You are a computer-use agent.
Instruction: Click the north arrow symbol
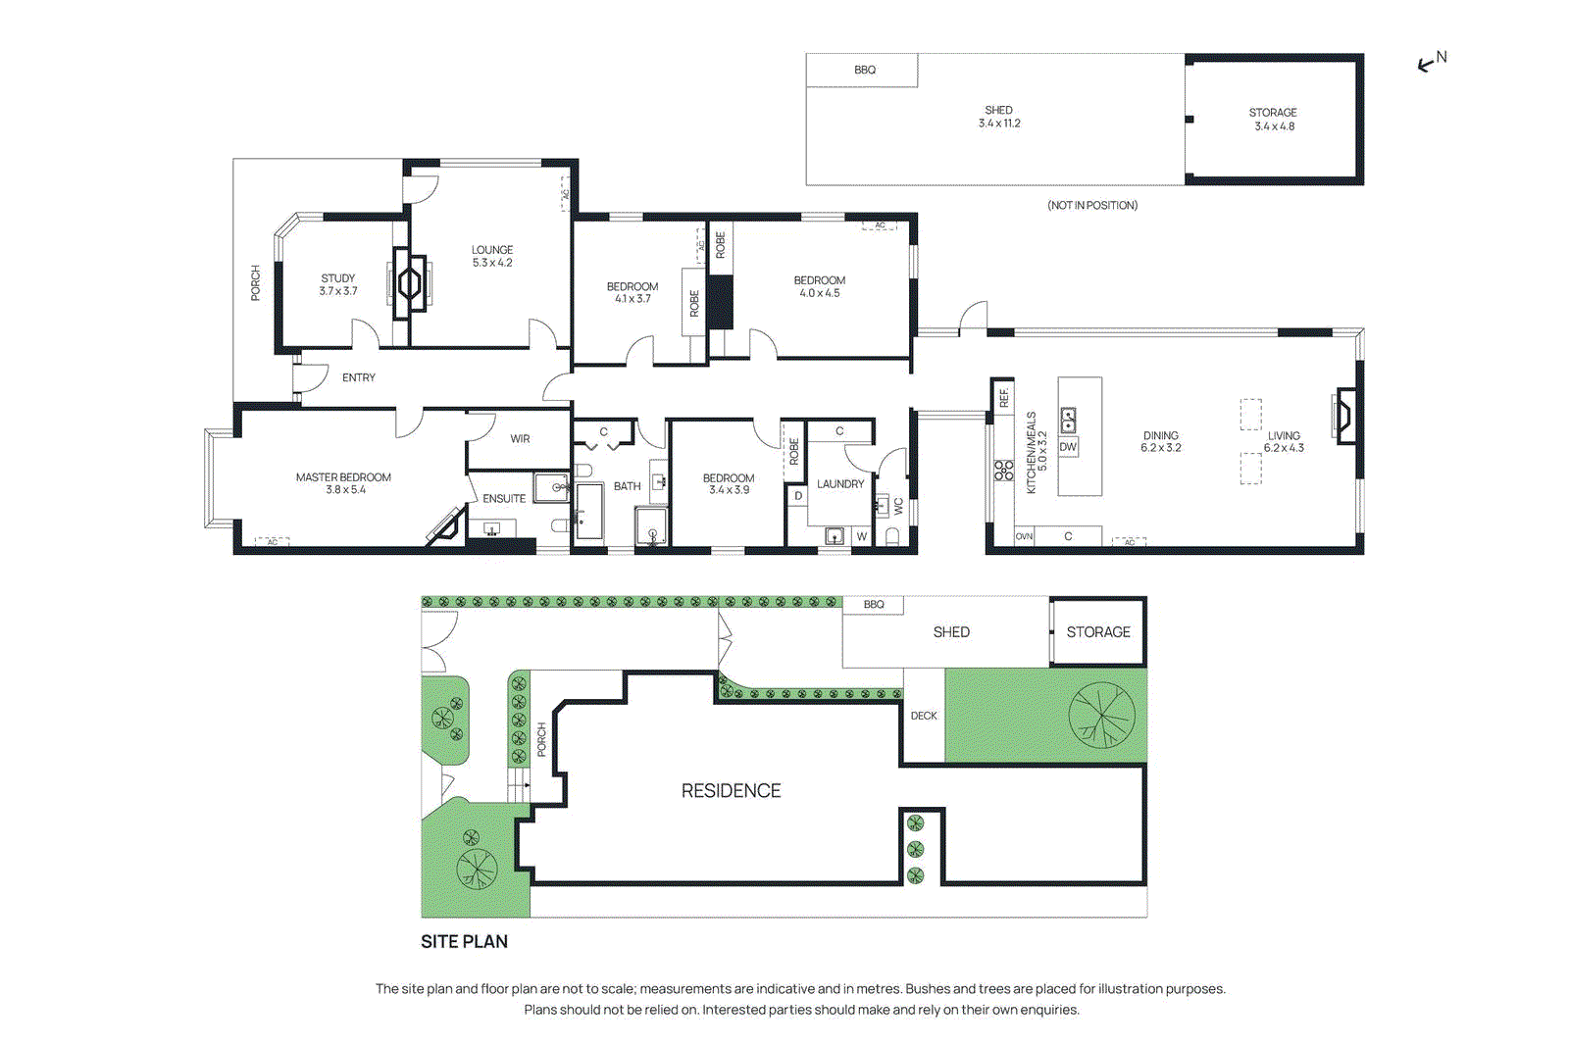tap(1431, 63)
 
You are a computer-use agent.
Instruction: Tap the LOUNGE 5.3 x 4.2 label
tap(492, 256)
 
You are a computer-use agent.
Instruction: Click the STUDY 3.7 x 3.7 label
tap(338, 284)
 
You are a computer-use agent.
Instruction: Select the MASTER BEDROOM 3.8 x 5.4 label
tap(344, 483)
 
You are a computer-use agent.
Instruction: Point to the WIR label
tap(520, 439)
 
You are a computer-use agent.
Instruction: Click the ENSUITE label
tap(504, 499)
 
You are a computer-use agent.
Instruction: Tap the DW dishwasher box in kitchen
tap(1068, 447)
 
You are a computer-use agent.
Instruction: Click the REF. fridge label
tap(1004, 397)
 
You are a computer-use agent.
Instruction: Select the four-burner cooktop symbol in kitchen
tap(1003, 471)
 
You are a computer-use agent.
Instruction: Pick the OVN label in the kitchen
tap(1024, 537)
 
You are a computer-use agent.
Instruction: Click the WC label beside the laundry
tap(898, 507)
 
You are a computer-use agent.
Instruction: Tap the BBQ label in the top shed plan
tap(865, 70)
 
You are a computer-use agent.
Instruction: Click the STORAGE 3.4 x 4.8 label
tap(1274, 120)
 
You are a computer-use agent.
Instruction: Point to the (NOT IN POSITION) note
tap(1092, 205)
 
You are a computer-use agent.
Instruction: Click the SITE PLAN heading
tap(465, 942)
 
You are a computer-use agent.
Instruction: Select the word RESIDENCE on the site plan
tap(732, 791)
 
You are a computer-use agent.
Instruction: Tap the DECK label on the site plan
tap(924, 716)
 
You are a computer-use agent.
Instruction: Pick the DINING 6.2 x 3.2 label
tap(1161, 441)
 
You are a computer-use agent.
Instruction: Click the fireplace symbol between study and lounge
tap(411, 284)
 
